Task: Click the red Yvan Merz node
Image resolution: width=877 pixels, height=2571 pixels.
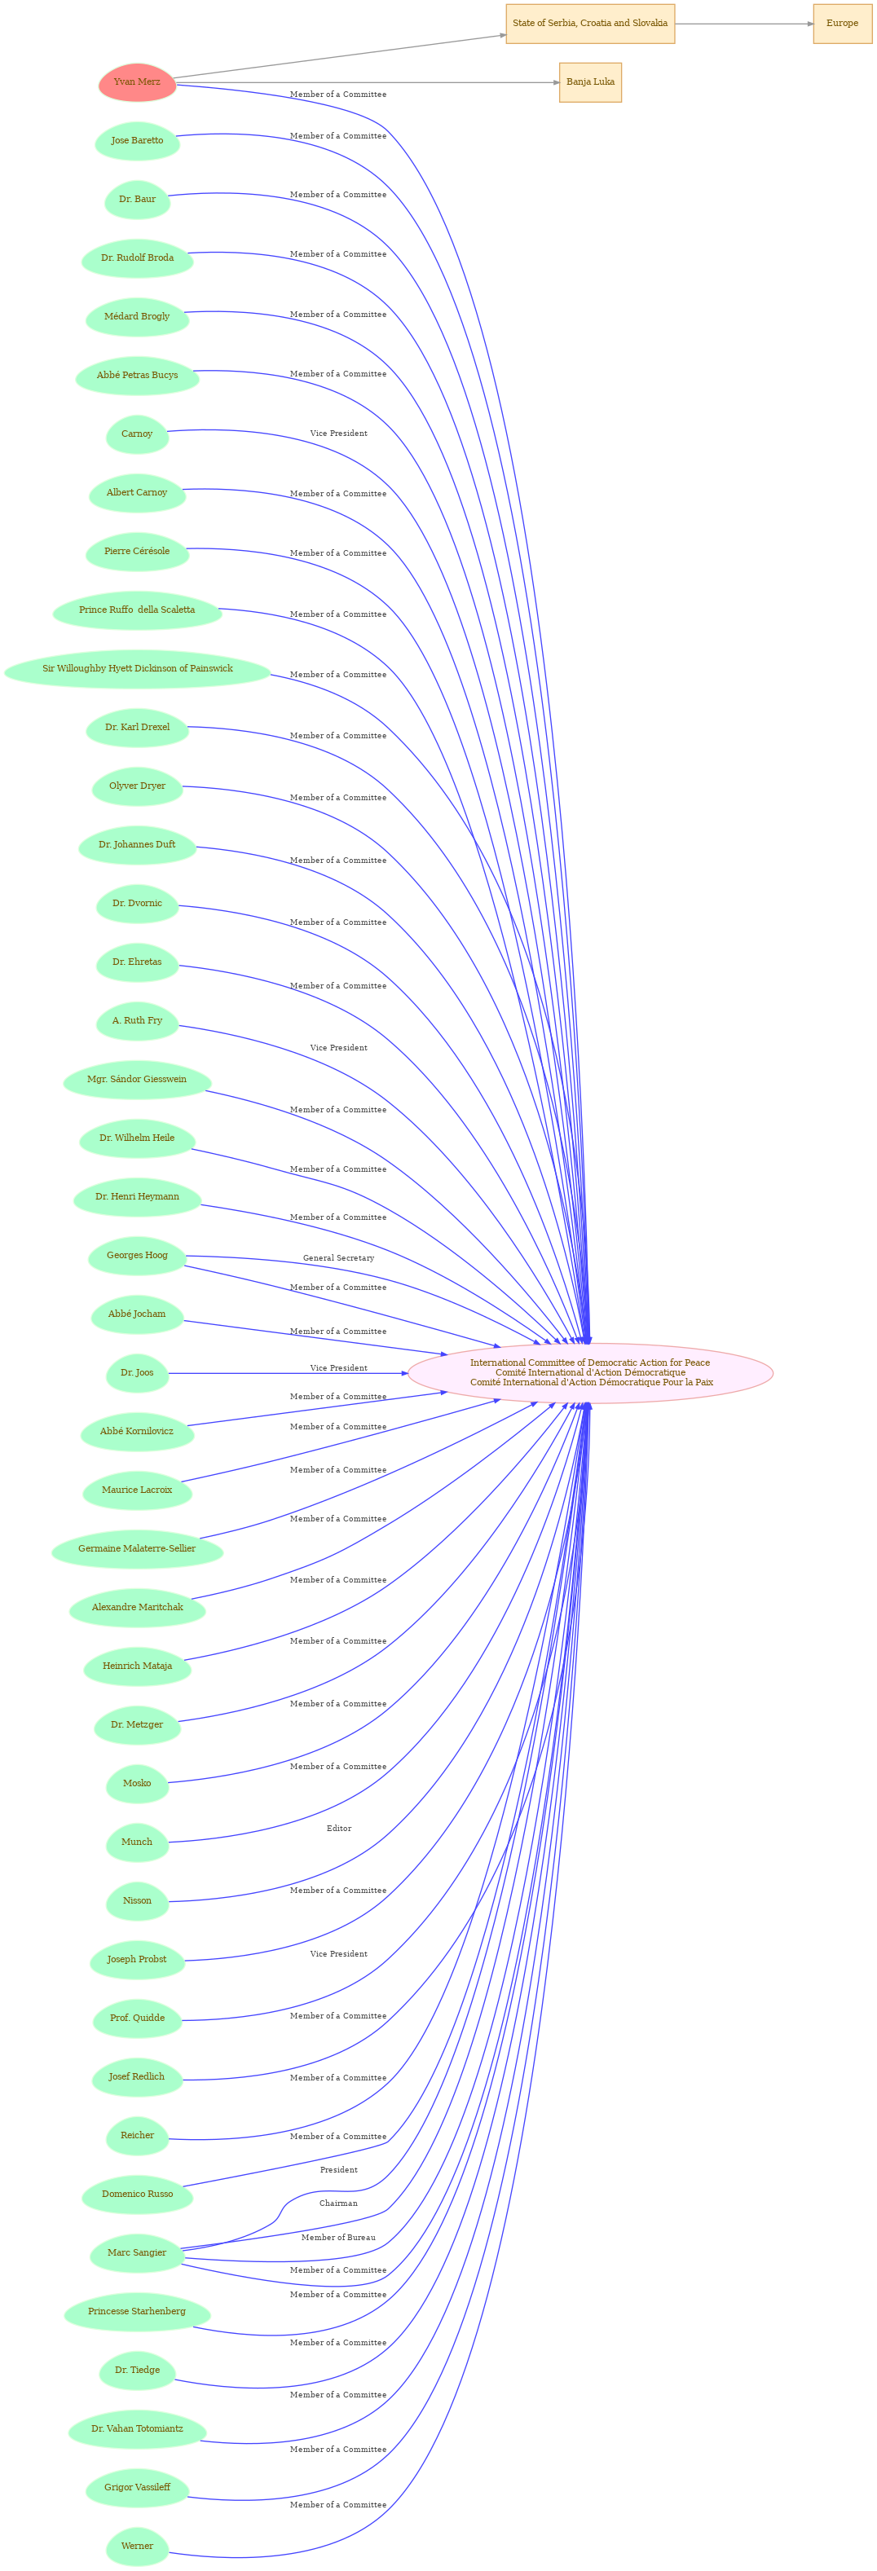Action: [x=137, y=81]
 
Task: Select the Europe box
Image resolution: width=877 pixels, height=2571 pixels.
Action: [x=842, y=23]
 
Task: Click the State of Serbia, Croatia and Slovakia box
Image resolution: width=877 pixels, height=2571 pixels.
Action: [x=589, y=23]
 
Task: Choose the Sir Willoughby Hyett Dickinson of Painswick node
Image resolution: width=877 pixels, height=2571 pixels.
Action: [x=138, y=669]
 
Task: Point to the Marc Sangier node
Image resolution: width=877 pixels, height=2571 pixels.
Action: [x=137, y=2252]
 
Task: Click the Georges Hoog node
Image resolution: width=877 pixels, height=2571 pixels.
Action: [x=137, y=1256]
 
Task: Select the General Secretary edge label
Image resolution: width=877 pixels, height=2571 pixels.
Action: [x=338, y=1257]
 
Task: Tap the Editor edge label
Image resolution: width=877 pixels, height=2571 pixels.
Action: [x=339, y=1829]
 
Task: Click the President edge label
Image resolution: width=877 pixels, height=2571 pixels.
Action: [x=338, y=2170]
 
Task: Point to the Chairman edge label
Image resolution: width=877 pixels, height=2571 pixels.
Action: [x=338, y=2203]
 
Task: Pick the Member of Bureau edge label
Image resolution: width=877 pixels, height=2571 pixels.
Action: [x=338, y=2238]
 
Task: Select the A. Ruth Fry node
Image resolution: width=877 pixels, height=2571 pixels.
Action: [x=137, y=1021]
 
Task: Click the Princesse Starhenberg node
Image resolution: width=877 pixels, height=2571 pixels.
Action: [x=137, y=2312]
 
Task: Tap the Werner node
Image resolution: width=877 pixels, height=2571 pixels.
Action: [x=137, y=2546]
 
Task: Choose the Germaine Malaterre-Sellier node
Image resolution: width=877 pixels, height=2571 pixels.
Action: [x=137, y=1549]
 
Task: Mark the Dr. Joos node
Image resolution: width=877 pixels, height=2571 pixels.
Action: [x=137, y=1373]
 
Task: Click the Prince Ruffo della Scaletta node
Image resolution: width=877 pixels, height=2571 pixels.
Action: [x=137, y=610]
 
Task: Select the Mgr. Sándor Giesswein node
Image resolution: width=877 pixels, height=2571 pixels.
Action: [x=137, y=1080]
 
